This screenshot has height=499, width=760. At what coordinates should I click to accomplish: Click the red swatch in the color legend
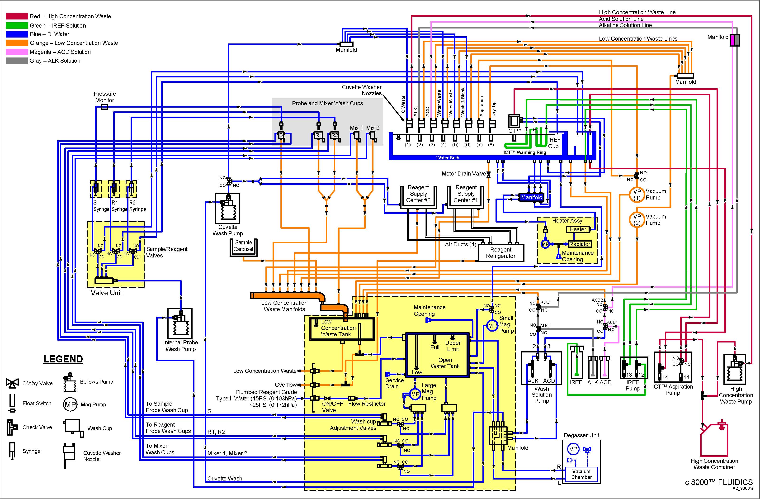(x=17, y=16)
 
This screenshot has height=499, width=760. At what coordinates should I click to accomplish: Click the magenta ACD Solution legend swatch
(x=17, y=52)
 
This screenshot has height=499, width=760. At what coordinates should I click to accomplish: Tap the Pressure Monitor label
(x=105, y=97)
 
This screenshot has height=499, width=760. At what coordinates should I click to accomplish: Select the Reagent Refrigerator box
(x=500, y=253)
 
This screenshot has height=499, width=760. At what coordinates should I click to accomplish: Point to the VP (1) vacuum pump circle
(x=637, y=195)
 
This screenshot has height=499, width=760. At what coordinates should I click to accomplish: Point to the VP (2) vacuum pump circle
(x=637, y=220)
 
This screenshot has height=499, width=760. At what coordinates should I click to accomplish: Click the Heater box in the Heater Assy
(x=577, y=229)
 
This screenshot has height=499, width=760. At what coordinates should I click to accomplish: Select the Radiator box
(x=580, y=244)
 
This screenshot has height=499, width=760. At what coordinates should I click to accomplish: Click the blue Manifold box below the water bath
(x=531, y=197)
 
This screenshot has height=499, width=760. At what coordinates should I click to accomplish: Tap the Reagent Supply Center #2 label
(x=418, y=194)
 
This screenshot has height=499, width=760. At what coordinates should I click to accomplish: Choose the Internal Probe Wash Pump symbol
(x=180, y=324)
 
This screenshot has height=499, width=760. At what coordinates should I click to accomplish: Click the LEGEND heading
(x=63, y=359)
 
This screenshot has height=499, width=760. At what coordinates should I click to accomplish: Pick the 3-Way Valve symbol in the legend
(x=12, y=383)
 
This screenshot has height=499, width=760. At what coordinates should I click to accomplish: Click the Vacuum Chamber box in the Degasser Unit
(x=581, y=474)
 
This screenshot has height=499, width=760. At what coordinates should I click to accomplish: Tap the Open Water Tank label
(x=445, y=363)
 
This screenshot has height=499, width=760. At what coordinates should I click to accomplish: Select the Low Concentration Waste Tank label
(x=338, y=328)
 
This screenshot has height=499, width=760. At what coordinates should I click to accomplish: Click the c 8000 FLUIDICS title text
(x=718, y=482)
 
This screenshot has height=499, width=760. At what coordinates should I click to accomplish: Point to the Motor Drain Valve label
(x=463, y=174)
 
